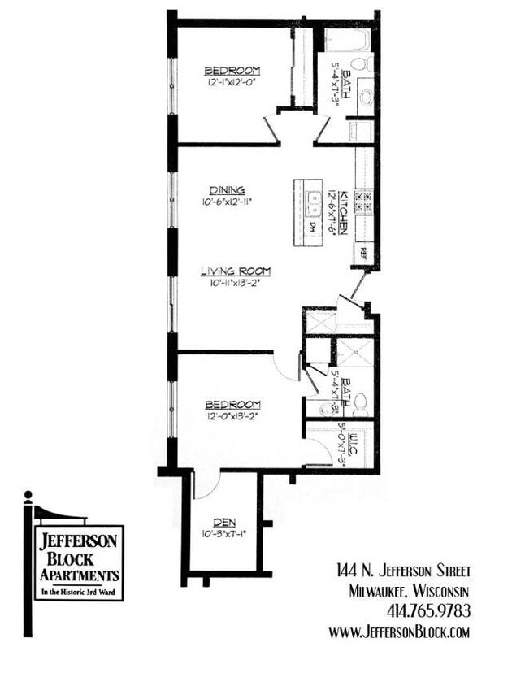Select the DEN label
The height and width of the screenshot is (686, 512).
pos(224,522)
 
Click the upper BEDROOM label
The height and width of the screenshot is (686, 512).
pos(232,70)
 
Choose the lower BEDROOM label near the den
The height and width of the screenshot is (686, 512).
pos(232,404)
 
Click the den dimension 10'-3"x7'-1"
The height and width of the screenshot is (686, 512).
pos(224,534)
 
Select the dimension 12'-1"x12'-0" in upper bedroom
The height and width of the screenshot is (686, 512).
pos(232,82)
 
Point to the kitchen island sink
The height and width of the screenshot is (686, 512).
pos(312,198)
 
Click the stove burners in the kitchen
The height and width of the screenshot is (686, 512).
pos(363,202)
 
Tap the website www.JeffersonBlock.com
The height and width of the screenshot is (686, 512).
pos(400,632)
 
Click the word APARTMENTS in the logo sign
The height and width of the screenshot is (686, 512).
pos(79,575)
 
